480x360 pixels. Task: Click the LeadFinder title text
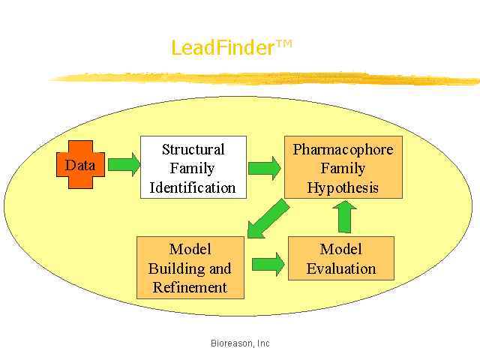232,47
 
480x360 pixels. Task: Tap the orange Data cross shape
80,165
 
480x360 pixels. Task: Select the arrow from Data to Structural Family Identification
124,164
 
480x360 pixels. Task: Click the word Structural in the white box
193,149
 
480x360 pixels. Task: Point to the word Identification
193,187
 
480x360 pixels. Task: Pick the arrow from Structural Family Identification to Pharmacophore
265,168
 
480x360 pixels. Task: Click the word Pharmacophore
343,149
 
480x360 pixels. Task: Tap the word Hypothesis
343,187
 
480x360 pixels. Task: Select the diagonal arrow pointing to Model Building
268,218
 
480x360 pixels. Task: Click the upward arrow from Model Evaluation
345,217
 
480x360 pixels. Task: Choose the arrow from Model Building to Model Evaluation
268,264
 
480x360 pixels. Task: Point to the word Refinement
190,287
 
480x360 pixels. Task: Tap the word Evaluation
341,268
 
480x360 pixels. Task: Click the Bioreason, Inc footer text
240,343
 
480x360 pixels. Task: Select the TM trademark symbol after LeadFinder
284,44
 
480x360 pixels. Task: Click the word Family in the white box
192,168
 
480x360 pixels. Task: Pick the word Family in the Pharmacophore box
343,168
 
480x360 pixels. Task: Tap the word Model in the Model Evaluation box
340,249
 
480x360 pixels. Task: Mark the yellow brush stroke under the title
264,79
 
